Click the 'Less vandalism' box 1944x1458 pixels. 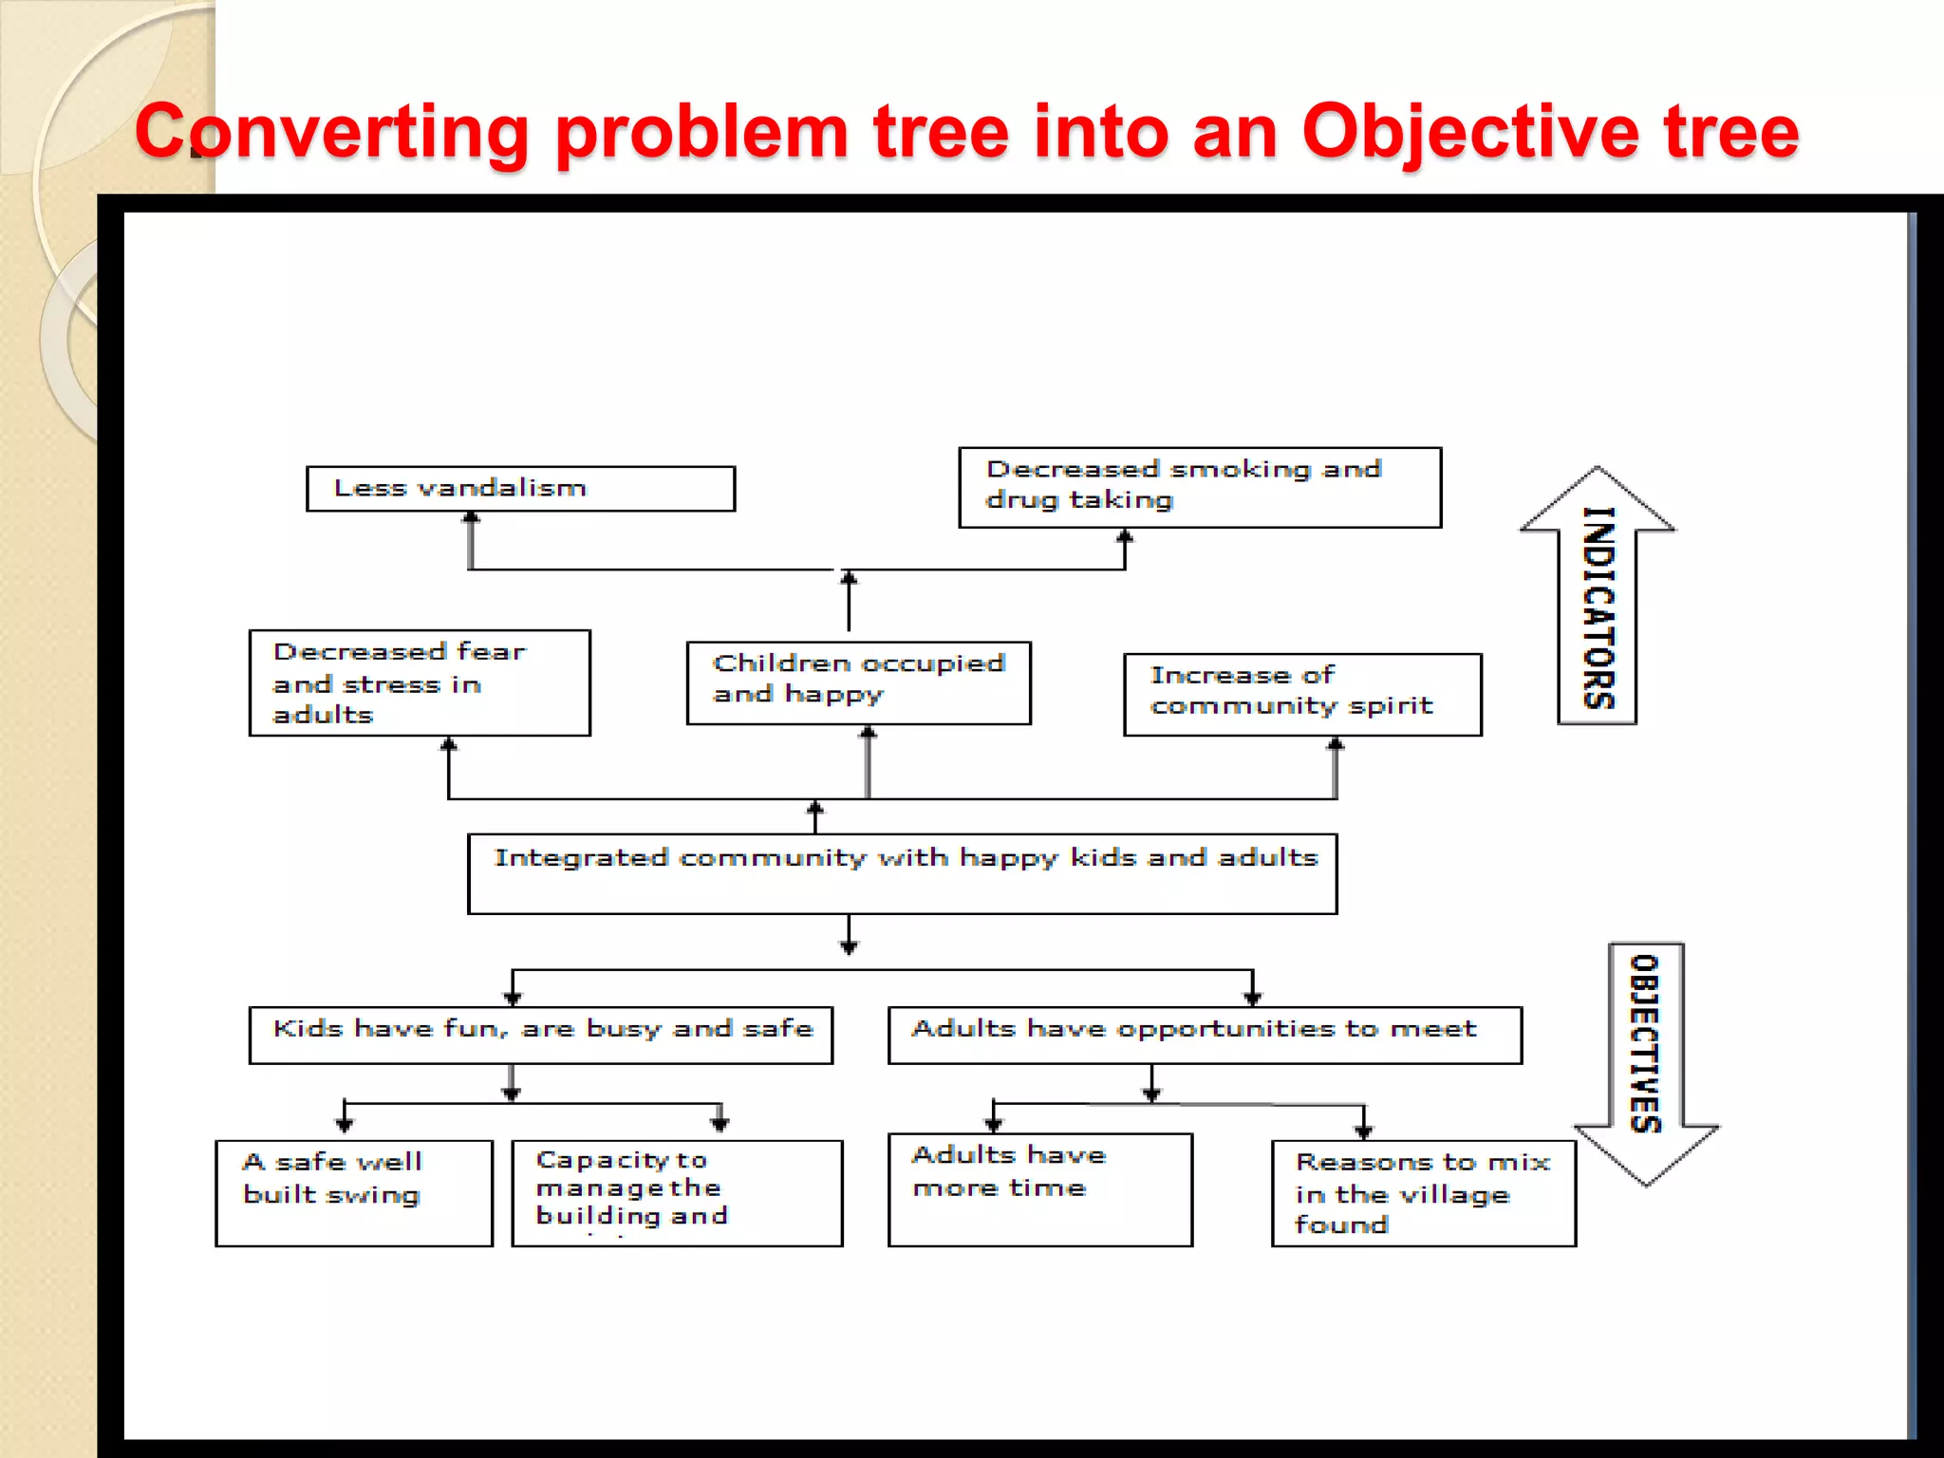click(520, 489)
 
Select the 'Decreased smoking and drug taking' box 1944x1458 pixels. click(1200, 487)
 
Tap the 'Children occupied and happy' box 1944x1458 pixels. click(858, 682)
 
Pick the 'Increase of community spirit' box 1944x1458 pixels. click(1302, 694)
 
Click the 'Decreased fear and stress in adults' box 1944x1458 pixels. click(420, 682)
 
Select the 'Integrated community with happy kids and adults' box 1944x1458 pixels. click(902, 874)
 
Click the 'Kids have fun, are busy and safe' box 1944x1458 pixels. click(541, 1035)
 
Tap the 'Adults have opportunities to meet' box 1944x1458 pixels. click(1205, 1035)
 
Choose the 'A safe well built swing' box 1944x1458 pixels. click(354, 1193)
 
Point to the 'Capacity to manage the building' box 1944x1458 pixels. click(677, 1193)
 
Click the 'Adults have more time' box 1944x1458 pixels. click(1039, 1189)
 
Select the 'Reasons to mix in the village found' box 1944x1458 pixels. click(1423, 1193)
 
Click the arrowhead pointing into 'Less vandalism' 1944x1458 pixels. click(471, 518)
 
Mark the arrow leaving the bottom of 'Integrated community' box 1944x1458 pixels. click(849, 936)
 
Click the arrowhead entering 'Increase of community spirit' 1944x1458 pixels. click(1336, 743)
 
